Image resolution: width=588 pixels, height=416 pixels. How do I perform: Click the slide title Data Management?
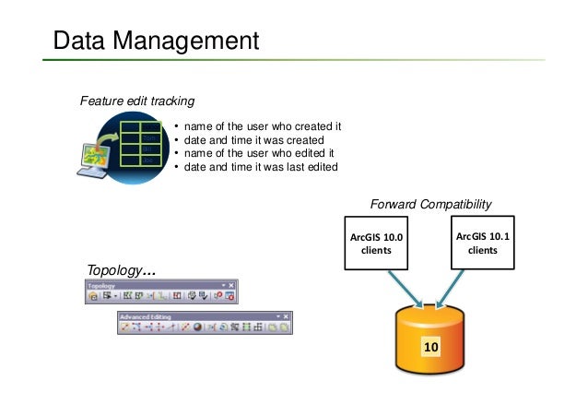[x=156, y=41]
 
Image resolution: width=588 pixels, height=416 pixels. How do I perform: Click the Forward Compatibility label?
[x=430, y=204]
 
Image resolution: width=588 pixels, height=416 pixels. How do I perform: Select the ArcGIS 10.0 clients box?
[x=376, y=244]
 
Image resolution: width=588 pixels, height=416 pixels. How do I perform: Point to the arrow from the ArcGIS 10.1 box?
[x=453, y=288]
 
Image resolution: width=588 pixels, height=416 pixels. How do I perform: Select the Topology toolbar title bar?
[x=152, y=286]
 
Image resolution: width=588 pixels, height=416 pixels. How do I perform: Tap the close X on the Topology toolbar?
[x=231, y=286]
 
